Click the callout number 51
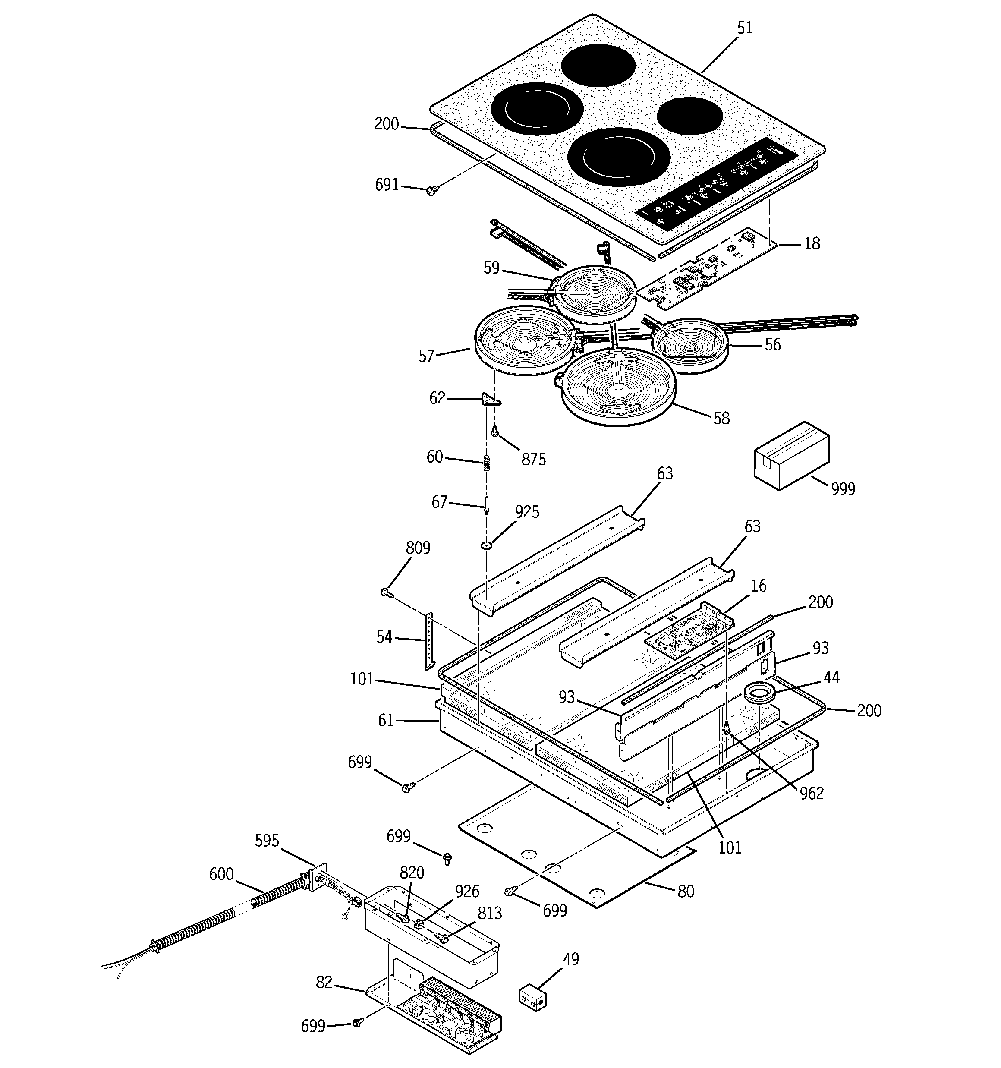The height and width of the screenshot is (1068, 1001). point(744,28)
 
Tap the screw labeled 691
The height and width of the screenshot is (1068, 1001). point(431,190)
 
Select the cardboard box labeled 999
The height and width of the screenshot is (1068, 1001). point(791,454)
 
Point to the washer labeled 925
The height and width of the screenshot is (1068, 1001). point(486,546)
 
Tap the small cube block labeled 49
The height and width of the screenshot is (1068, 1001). point(532,997)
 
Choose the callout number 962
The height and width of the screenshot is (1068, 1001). point(811,794)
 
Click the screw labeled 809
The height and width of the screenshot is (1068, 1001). point(386,592)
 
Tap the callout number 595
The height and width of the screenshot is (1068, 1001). point(267,841)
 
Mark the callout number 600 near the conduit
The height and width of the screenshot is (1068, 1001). point(221,874)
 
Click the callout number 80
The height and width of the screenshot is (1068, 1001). point(686,891)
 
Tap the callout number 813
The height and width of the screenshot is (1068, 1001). point(489,913)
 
